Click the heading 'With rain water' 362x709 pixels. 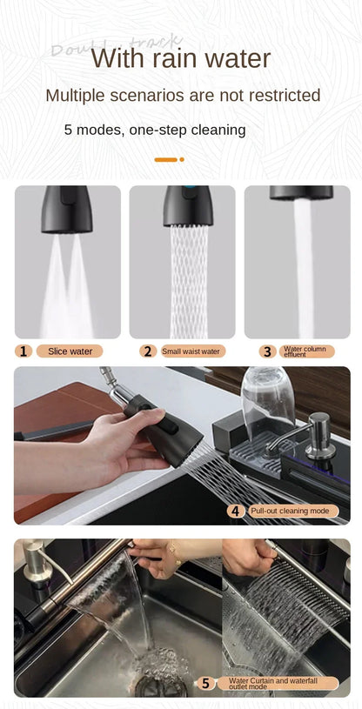tap(181, 59)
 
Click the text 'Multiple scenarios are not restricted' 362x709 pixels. tap(183, 96)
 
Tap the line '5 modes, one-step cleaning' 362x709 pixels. tap(155, 130)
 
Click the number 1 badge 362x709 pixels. tap(23, 351)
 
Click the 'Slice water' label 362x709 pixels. tap(70, 351)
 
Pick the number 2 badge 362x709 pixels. tap(147, 351)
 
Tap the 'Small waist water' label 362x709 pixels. tap(191, 351)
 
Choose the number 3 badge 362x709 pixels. tap(267, 351)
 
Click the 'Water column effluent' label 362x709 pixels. tap(306, 351)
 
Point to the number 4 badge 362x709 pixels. tap(235, 511)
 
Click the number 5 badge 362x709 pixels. tap(205, 683)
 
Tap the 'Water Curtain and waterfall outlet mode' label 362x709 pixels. tap(277, 683)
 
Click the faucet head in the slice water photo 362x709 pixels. tap(66, 209)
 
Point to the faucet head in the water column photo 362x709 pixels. tap(301, 192)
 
